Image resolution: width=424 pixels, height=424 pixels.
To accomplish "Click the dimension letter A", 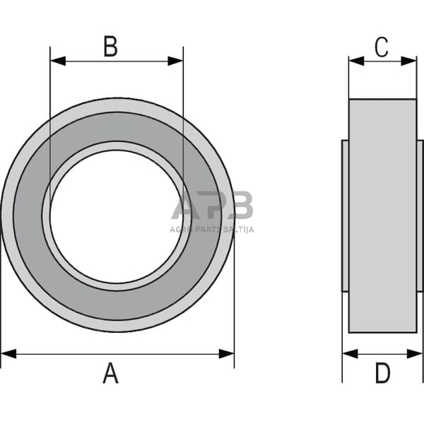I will click(x=110, y=372).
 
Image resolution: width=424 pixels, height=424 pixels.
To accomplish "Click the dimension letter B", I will click(x=110, y=47).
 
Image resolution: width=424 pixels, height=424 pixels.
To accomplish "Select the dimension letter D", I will click(x=382, y=372).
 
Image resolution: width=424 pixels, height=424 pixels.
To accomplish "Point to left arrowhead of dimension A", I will click(x=8, y=353).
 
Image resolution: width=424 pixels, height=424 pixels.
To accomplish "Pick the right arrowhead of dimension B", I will click(x=176, y=61).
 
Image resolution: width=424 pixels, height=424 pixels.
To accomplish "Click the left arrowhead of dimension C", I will click(x=355, y=61).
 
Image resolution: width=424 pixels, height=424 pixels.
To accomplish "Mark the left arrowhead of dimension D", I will click(x=349, y=353).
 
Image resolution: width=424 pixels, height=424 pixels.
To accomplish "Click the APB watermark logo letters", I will click(x=212, y=206).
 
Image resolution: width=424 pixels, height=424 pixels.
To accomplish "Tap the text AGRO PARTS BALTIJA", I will click(x=211, y=230).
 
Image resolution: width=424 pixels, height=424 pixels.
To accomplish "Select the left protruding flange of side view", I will click(x=345, y=216).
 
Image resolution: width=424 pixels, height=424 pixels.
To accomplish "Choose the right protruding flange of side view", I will click(x=420, y=216).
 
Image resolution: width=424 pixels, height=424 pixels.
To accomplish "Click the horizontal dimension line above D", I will click(x=382, y=353).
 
